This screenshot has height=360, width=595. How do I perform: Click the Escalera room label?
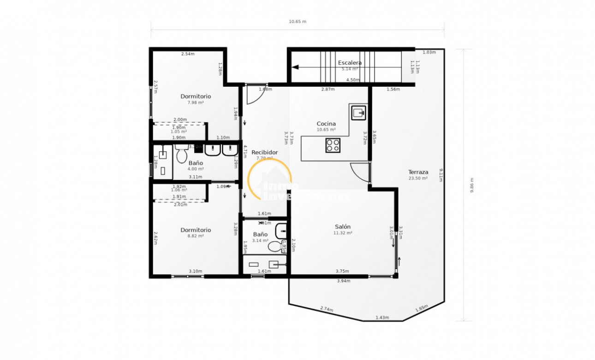[350, 62]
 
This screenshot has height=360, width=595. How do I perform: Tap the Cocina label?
[326, 124]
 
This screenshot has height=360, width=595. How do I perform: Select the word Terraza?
[418, 172]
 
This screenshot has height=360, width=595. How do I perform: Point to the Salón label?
[343, 227]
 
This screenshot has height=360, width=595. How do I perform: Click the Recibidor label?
[265, 152]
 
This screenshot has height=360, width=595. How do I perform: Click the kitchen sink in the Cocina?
[359, 112]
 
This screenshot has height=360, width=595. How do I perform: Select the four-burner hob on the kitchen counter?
[333, 145]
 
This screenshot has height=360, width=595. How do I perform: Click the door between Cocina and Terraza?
[361, 174]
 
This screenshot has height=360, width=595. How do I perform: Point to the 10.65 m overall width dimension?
[297, 22]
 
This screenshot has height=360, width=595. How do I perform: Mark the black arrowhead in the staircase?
[295, 67]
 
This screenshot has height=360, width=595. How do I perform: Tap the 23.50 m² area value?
[418, 178]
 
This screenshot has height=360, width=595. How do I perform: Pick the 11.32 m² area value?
[343, 233]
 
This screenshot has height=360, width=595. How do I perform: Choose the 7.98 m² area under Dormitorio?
[196, 102]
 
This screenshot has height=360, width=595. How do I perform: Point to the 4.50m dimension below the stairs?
[353, 80]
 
